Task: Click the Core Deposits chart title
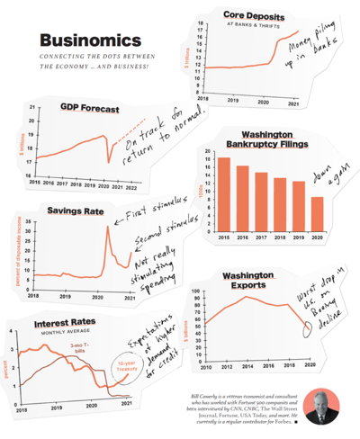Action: pos(247,15)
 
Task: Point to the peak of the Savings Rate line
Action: pos(109,228)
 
